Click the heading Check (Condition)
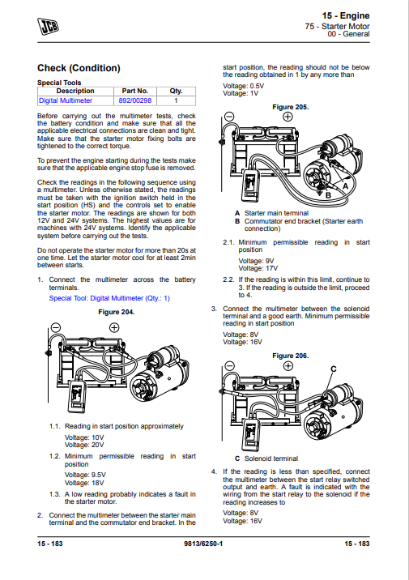(79, 68)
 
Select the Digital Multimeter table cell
(66, 101)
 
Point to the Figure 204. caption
(116, 312)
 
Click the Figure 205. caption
(290, 107)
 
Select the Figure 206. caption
(290, 356)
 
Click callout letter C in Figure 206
(333, 369)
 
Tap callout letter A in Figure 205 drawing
(346, 186)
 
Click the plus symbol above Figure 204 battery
(114, 327)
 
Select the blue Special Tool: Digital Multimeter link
(109, 298)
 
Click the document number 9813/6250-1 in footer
(204, 565)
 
